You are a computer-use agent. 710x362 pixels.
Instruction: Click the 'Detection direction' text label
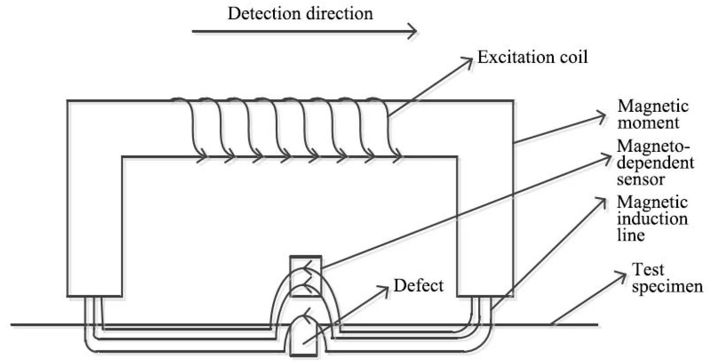tap(300, 13)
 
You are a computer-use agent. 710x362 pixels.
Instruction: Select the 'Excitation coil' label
tap(532, 57)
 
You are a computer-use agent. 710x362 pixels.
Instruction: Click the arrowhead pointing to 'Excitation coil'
tap(470, 60)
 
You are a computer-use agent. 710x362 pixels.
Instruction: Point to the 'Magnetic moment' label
tap(652, 114)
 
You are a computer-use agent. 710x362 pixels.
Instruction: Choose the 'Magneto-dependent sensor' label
tap(655, 163)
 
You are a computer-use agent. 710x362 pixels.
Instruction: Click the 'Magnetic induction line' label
tap(651, 218)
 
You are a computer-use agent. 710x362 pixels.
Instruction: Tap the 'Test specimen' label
tap(666, 278)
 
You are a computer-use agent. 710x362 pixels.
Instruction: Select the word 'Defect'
tap(418, 286)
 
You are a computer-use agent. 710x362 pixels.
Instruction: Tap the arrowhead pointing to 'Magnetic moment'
tap(603, 117)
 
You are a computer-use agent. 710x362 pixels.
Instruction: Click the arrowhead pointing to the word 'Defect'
tap(386, 288)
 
